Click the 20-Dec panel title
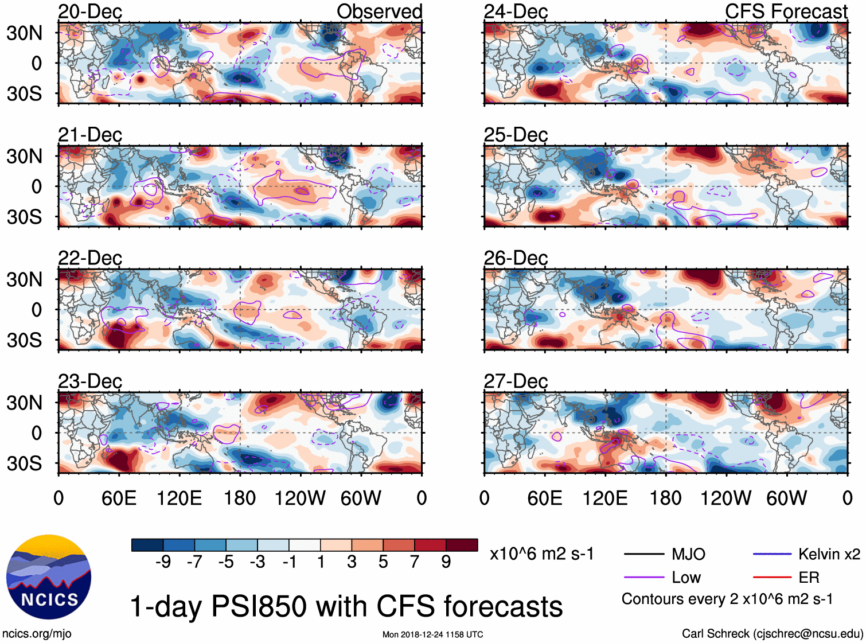click(x=90, y=11)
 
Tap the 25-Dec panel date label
click(x=516, y=135)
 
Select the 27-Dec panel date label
click(x=516, y=381)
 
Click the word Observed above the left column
click(x=379, y=11)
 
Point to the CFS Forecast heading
click(x=786, y=11)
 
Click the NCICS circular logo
click(x=49, y=577)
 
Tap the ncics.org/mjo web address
click(x=37, y=633)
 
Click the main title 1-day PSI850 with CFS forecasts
click(x=346, y=606)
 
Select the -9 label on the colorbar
click(x=163, y=562)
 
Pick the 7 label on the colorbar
click(x=415, y=562)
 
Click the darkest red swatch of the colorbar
click(x=462, y=545)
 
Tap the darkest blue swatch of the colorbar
click(x=147, y=545)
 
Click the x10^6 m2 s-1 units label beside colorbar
click(x=541, y=554)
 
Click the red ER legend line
click(x=772, y=578)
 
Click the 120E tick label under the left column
click(x=179, y=498)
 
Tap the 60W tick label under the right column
click(x=786, y=498)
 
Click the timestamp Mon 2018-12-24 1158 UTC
click(x=432, y=634)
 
